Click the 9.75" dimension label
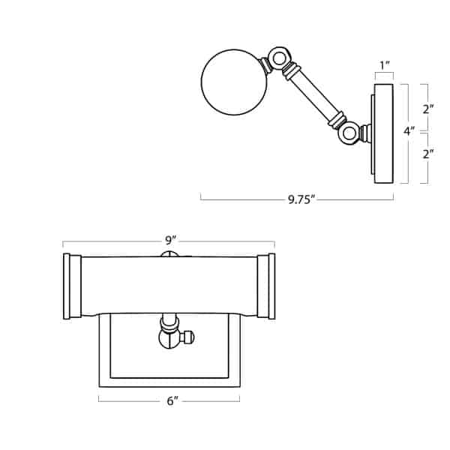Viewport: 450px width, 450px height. (x=301, y=199)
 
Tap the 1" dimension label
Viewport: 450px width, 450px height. (x=385, y=66)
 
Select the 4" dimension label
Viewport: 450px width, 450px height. (x=409, y=131)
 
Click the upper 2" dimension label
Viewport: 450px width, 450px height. (x=428, y=109)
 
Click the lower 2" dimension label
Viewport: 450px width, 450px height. (x=428, y=154)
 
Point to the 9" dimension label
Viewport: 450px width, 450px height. (x=170, y=241)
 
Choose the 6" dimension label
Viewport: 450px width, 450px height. (x=172, y=401)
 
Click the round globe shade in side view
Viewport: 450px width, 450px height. (x=234, y=82)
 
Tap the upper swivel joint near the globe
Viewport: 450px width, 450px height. (x=279, y=58)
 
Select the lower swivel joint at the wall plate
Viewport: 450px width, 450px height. (x=349, y=134)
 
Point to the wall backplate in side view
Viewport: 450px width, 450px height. (x=383, y=133)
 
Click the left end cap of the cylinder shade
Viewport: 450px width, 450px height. (x=72, y=286)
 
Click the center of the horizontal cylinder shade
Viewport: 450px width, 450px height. (x=169, y=286)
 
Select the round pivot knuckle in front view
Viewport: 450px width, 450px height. (x=169, y=337)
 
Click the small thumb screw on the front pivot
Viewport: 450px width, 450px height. (x=187, y=337)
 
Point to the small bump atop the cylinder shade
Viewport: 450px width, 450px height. (x=169, y=253)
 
